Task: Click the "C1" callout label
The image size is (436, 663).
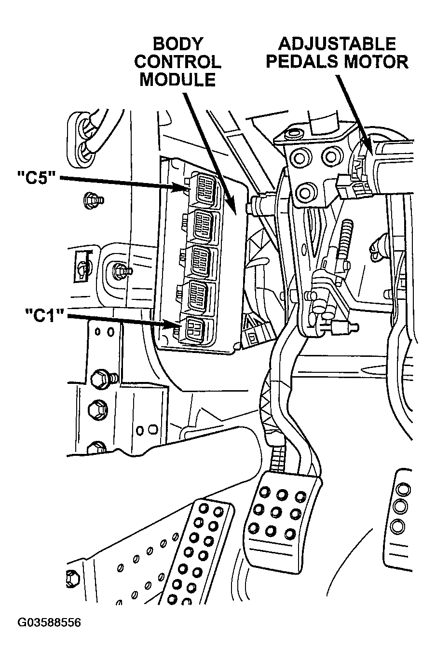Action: click(45, 316)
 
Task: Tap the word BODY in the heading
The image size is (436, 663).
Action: click(177, 44)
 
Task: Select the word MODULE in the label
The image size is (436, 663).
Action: click(177, 79)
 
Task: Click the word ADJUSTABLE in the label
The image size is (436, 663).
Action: click(337, 44)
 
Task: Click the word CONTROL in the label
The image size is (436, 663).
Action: click(177, 62)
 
